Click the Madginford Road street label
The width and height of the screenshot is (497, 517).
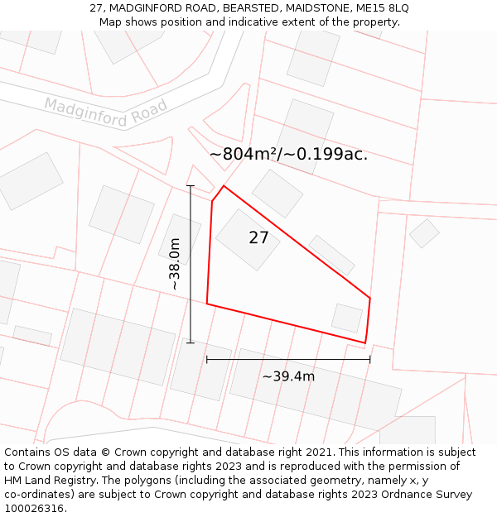click(106, 112)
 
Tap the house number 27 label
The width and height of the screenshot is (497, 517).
click(258, 238)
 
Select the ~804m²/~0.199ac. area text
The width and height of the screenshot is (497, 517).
click(288, 154)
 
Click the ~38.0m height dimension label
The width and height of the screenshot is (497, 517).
click(175, 264)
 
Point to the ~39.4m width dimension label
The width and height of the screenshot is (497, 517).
click(288, 376)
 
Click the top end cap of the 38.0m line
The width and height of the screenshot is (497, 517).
click(191, 186)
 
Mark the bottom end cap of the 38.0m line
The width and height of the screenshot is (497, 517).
click(191, 342)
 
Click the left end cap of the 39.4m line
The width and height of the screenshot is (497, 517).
click(206, 360)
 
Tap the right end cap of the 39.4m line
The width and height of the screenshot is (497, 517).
click(369, 360)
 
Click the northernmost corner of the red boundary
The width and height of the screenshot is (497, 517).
click(224, 185)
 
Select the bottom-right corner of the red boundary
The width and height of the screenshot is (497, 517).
click(364, 342)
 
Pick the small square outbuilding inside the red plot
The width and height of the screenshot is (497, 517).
click(347, 318)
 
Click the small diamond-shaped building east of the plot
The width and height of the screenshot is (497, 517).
click(424, 233)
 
